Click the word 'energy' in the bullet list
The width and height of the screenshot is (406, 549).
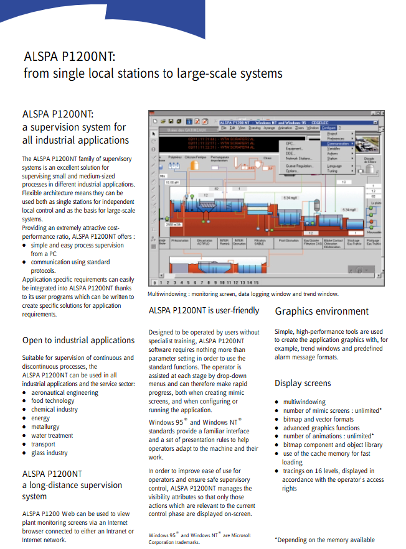coord(40,418)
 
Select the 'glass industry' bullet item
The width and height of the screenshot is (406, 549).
coord(49,453)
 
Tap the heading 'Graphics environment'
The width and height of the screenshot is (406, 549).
coord(321,311)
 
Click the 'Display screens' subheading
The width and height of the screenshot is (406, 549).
coord(303,383)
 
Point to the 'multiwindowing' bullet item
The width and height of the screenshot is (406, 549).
coord(304,402)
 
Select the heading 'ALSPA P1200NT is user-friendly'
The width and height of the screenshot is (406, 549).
coord(204,310)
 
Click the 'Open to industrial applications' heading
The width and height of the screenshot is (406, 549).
coord(78,340)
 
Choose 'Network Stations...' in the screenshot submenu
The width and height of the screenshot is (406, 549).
coord(300,159)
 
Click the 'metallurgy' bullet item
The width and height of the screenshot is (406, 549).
coord(45,427)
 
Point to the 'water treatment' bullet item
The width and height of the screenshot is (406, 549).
coord(52,436)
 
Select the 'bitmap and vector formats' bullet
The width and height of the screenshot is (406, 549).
coord(318,419)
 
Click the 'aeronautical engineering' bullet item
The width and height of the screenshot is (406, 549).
coord(65,392)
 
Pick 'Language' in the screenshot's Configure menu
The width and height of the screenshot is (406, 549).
coord(335,166)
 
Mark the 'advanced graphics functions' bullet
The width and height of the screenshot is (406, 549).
coord(321,428)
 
